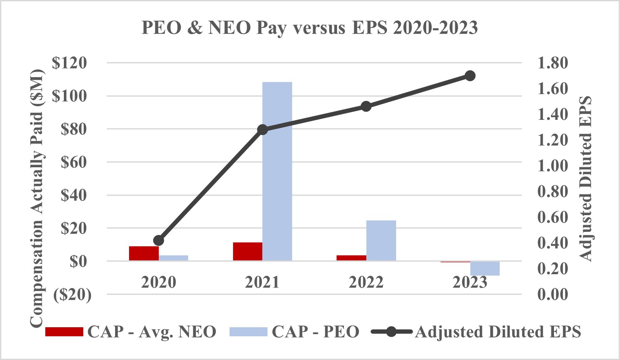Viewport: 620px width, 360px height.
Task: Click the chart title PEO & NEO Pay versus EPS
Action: coord(310,28)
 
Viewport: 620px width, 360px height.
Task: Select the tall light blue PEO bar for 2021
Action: coord(277,171)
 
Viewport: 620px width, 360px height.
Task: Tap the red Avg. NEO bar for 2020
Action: coord(144,253)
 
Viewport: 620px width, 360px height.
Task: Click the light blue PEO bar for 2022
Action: coord(381,240)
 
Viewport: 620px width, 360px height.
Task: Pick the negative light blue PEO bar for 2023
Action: coord(485,268)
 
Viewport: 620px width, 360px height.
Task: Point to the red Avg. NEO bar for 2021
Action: coord(248,251)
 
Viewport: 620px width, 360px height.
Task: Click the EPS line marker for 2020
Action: coord(159,241)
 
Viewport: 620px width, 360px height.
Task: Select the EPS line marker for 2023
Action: coord(470,76)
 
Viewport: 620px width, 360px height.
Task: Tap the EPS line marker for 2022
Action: coord(366,106)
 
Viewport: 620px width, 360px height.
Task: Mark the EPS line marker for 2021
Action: coord(262,129)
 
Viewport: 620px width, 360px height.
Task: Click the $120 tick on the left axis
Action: coord(70,63)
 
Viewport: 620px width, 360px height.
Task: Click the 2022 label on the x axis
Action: coord(366,282)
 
